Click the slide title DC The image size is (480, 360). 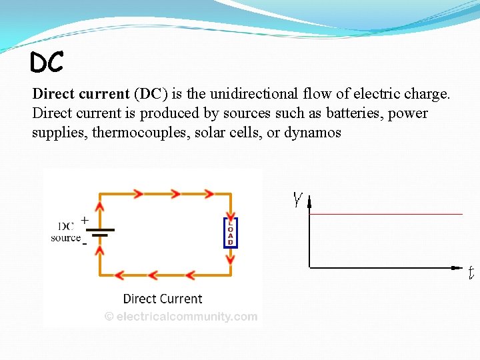point(47,63)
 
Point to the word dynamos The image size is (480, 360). point(313,133)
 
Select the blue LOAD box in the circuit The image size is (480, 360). point(230,233)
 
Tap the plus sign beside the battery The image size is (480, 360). point(85,219)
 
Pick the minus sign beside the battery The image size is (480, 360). point(85,243)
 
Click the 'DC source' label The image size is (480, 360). point(65,232)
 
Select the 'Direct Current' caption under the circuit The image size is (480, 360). point(163,299)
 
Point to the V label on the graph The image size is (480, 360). point(297,199)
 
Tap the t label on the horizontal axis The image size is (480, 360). point(470,273)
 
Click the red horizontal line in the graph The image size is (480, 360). point(387,214)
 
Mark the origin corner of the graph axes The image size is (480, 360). point(310,268)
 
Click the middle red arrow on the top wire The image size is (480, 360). point(175,194)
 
